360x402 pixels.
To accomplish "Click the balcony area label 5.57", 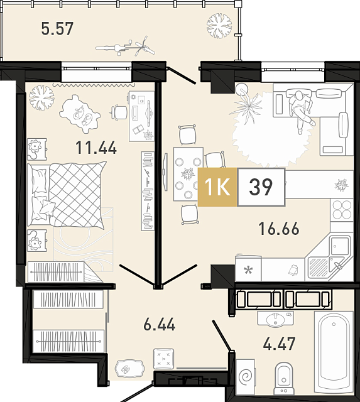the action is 57,28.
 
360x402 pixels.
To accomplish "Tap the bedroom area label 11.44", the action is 96,148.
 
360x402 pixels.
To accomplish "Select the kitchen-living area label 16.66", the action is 279,229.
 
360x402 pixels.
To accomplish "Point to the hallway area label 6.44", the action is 159,324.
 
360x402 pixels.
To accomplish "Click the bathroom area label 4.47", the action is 279,344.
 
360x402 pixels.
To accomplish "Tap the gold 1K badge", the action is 217,187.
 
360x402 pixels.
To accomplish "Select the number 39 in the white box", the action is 261,187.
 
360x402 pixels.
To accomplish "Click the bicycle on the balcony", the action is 126,47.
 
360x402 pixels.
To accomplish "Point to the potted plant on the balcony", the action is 219,26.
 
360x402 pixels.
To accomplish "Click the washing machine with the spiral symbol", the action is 246,377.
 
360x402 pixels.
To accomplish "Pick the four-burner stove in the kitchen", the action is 342,210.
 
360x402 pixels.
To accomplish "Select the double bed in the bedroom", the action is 67,195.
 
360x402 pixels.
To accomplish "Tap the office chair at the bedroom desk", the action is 119,112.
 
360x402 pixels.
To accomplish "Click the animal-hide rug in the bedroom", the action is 79,114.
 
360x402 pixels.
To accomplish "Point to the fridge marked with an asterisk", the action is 248,269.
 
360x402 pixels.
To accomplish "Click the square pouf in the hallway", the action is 163,359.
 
